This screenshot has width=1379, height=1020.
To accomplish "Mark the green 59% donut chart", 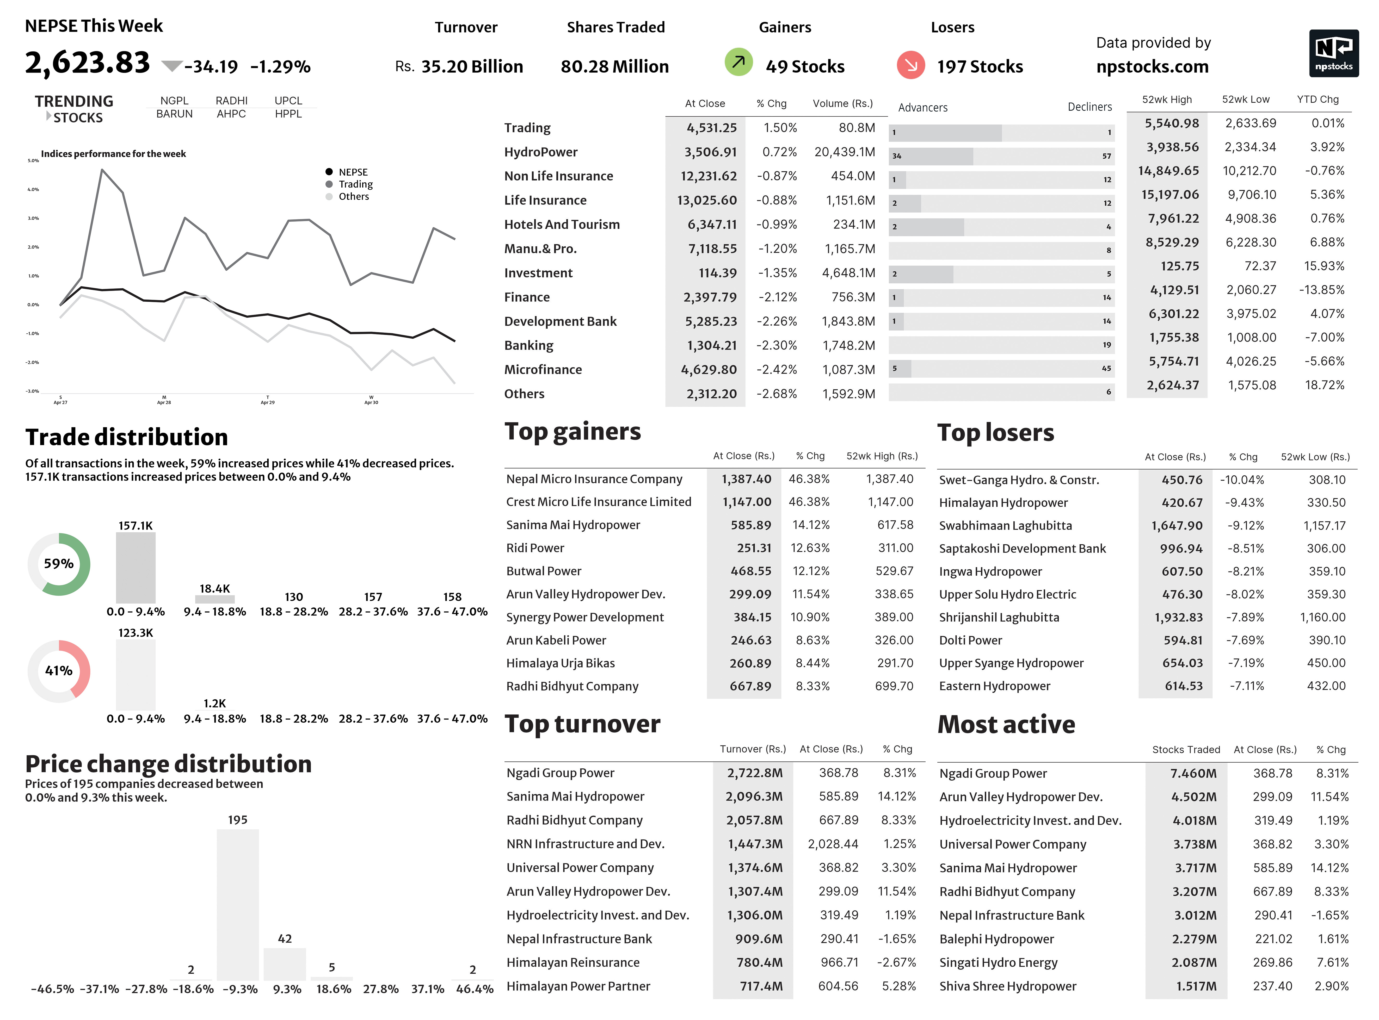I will tap(59, 564).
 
